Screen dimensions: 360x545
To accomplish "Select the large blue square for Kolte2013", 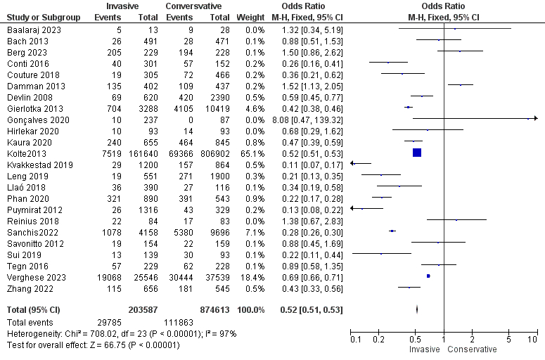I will (416, 153).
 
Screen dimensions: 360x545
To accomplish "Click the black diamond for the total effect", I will (417, 309).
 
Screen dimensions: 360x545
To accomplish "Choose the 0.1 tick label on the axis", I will (357, 339).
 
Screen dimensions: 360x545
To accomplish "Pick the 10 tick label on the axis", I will (533, 339).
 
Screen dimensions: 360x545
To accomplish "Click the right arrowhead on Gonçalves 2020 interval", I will (535, 120).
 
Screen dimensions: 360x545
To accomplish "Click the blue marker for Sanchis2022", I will (392, 231).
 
